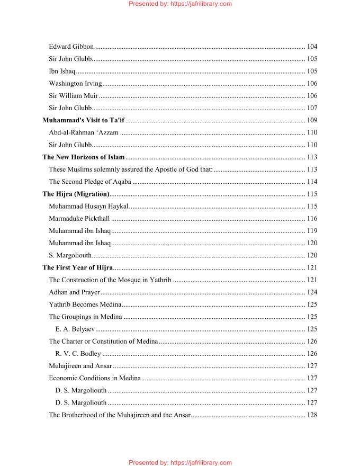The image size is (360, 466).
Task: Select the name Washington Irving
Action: click(x=75, y=84)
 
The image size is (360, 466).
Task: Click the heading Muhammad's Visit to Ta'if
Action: click(x=83, y=120)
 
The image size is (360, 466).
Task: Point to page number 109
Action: click(x=312, y=120)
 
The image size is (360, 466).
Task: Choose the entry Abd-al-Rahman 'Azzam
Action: click(x=84, y=132)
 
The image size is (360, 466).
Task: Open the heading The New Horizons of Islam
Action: click(x=83, y=157)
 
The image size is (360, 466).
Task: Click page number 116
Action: click(x=312, y=218)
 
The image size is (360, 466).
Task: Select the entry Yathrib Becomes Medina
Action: click(x=85, y=304)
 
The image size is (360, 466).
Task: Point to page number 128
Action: click(x=312, y=415)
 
